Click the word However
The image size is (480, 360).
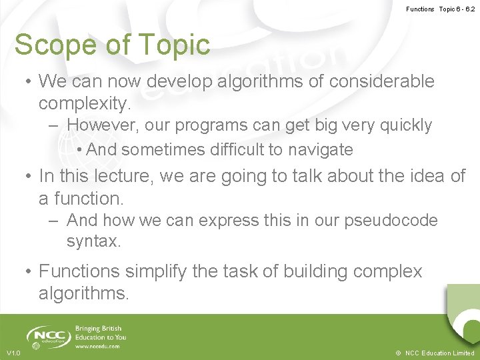point(99,125)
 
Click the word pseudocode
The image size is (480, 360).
point(391,220)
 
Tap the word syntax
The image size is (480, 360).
point(93,241)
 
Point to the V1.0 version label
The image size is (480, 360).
point(14,353)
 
